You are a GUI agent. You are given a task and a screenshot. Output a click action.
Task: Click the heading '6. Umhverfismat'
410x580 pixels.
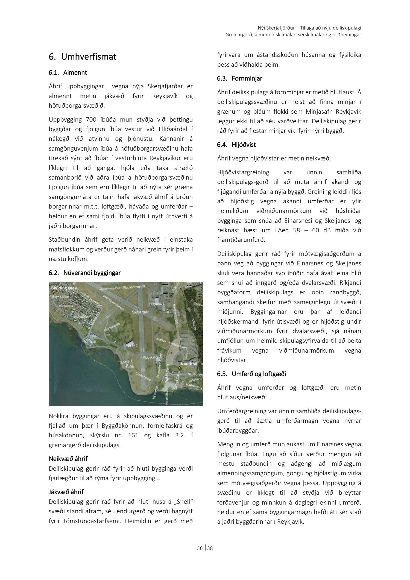click(x=83, y=57)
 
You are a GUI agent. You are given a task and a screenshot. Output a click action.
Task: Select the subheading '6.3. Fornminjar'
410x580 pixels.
click(x=240, y=79)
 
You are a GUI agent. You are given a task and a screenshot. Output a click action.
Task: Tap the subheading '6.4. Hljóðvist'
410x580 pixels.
click(x=237, y=145)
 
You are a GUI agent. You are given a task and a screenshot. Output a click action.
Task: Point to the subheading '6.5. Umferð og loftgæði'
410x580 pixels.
click(x=252, y=374)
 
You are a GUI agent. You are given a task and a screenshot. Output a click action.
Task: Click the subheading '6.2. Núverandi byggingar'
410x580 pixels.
click(x=85, y=273)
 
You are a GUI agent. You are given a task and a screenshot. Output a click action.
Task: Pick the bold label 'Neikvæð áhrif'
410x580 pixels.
click(x=68, y=459)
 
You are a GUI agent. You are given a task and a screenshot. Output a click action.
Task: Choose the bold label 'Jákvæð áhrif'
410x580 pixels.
click(x=66, y=492)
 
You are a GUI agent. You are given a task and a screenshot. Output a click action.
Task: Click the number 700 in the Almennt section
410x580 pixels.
click(x=91, y=120)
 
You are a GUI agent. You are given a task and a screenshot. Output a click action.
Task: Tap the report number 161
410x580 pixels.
click(x=133, y=435)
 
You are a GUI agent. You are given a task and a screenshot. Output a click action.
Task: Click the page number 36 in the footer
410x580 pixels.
click(x=200, y=548)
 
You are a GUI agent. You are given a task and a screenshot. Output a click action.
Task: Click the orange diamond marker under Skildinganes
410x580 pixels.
click(x=53, y=292)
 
